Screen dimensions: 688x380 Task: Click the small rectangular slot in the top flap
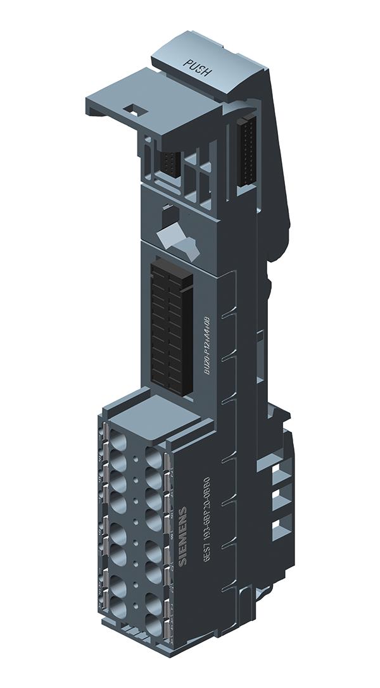pyautogui.click(x=135, y=109)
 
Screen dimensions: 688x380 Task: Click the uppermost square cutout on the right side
pyautogui.click(x=279, y=472)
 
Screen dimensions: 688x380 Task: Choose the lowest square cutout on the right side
pyautogui.click(x=279, y=527)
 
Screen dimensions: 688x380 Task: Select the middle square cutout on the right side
pyautogui.click(x=279, y=499)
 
